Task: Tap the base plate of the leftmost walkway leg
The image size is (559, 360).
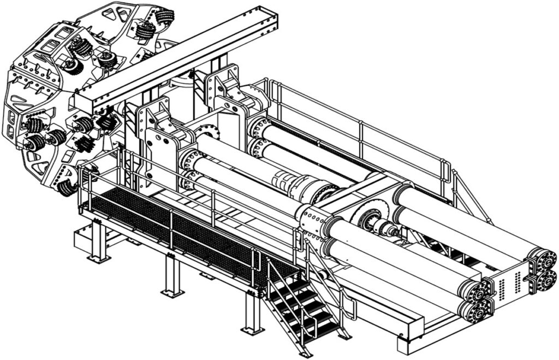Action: click(99, 258)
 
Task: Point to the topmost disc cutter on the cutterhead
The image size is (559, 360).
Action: click(163, 16)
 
